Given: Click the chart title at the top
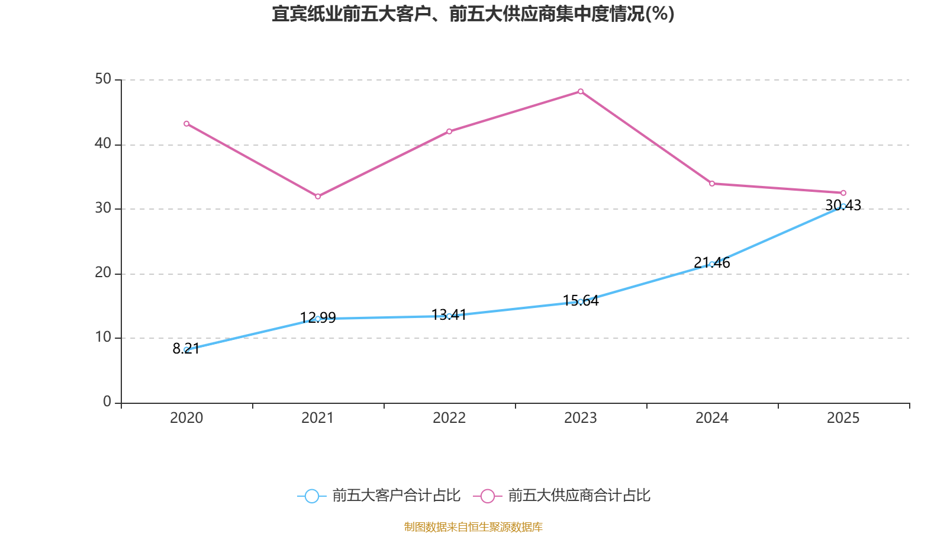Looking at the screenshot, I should pyautogui.click(x=473, y=14).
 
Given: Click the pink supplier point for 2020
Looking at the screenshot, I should pyautogui.click(x=186, y=124).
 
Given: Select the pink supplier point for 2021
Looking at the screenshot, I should pyautogui.click(x=318, y=196).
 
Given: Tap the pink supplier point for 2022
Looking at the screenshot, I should pyautogui.click(x=449, y=131).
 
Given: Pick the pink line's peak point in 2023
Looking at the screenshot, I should pyautogui.click(x=581, y=91).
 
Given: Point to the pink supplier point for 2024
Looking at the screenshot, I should pyautogui.click(x=712, y=184).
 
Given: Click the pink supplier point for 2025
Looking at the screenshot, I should pyautogui.click(x=843, y=193).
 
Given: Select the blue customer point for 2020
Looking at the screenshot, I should pyautogui.click(x=186, y=350).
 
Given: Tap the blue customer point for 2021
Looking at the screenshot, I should pyautogui.click(x=318, y=319).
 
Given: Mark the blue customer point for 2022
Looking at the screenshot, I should pyautogui.click(x=449, y=316).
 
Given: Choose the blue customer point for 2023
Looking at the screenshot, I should pyautogui.click(x=581, y=301).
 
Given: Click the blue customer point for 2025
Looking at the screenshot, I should pyautogui.click(x=843, y=206).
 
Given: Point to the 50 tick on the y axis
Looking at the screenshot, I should pyautogui.click(x=103, y=79).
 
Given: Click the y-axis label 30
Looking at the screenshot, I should pyautogui.click(x=103, y=208).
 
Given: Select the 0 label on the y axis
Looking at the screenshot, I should pyautogui.click(x=107, y=402).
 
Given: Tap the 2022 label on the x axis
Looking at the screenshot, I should pyautogui.click(x=449, y=418).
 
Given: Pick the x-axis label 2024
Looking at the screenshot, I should pyautogui.click(x=712, y=418).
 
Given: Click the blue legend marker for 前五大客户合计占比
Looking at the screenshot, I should pyautogui.click(x=311, y=496).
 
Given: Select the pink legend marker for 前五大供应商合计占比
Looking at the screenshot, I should pyautogui.click(x=488, y=496).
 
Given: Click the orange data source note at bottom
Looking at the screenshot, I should pyautogui.click(x=473, y=526).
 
